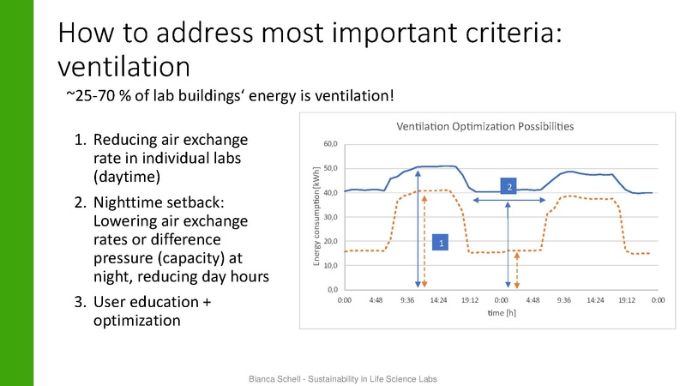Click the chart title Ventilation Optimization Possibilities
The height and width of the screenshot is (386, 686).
(484, 126)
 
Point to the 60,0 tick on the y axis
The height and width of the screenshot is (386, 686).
(330, 143)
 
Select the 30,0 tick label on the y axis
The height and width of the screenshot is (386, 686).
(330, 216)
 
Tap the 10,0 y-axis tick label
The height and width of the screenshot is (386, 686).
(330, 265)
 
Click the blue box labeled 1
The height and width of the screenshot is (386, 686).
(441, 244)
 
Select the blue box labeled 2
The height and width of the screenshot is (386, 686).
(508, 186)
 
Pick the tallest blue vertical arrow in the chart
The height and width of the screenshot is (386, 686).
(418, 228)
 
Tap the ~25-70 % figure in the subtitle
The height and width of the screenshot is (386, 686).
(99, 95)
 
